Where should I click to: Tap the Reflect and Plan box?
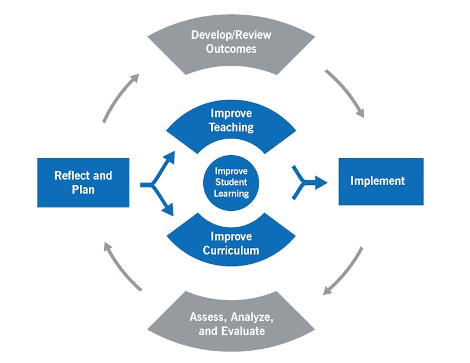pos(83,182)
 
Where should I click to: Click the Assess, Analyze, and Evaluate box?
pos(231,323)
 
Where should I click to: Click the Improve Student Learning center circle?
pos(231,181)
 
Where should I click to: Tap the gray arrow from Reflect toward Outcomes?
pos(120,98)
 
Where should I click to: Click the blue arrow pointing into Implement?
pos(310,183)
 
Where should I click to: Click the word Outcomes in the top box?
pos(231,49)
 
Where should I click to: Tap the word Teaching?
pos(231,127)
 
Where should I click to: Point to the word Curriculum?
pos(231,251)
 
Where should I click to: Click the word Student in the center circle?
pos(231,182)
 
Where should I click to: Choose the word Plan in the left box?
pos(83,190)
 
